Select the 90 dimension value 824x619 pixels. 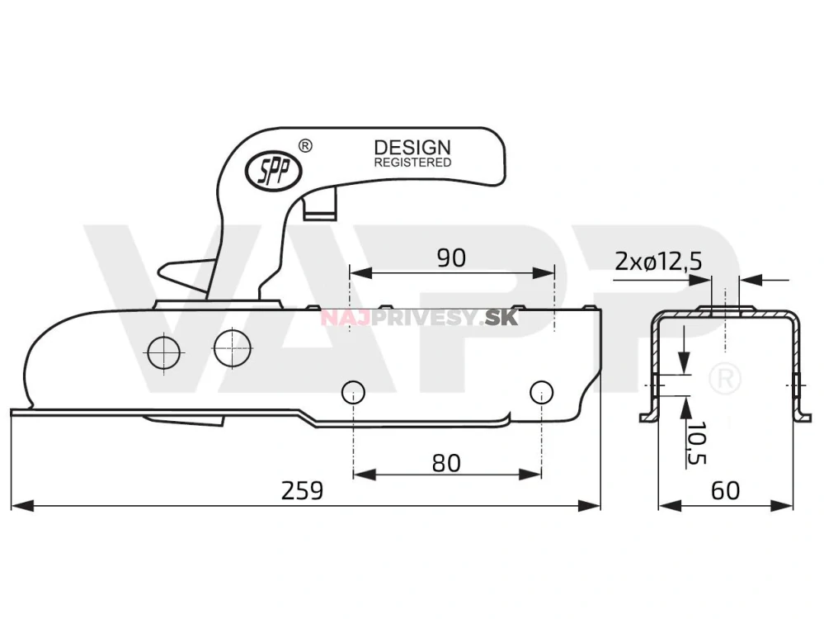pyautogui.click(x=450, y=258)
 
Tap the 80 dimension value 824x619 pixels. pyautogui.click(x=446, y=463)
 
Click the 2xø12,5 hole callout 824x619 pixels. pyautogui.click(x=658, y=262)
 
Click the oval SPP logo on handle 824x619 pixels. pyautogui.click(x=273, y=170)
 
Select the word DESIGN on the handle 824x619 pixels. pyautogui.click(x=412, y=148)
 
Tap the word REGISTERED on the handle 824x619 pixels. pyautogui.click(x=412, y=163)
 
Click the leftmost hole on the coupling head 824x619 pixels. pyautogui.click(x=163, y=353)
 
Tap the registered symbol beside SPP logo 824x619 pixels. pyautogui.click(x=304, y=146)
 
